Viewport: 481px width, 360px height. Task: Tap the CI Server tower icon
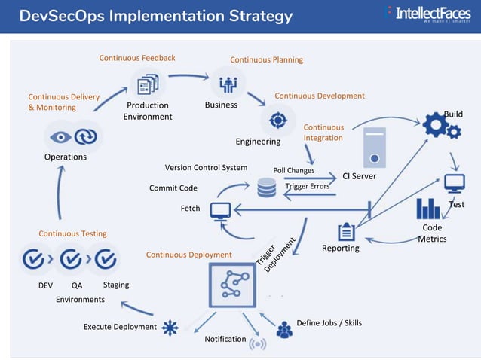(374, 148)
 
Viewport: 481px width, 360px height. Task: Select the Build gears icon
(441, 126)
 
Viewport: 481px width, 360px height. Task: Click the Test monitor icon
(455, 183)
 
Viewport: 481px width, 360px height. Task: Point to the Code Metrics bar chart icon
(429, 208)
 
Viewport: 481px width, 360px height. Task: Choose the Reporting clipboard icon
(348, 231)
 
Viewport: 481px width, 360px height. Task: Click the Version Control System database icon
(267, 188)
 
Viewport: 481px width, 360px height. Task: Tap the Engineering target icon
(277, 120)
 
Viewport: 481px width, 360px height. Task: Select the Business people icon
(227, 82)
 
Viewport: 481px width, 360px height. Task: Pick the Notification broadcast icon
(257, 343)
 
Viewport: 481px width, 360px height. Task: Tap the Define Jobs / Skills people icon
(284, 329)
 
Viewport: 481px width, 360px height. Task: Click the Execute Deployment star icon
(171, 327)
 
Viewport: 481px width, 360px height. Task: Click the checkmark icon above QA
(71, 259)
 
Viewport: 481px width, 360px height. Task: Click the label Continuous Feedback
(137, 58)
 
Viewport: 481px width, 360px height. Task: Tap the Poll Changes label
(293, 170)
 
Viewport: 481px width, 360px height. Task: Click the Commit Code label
(173, 188)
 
